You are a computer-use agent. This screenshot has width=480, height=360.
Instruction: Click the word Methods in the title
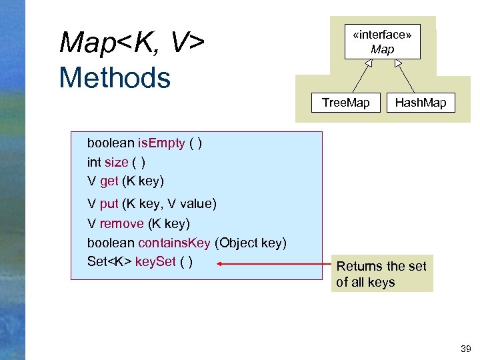[x=115, y=77]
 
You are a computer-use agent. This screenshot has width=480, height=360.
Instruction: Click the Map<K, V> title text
[x=131, y=43]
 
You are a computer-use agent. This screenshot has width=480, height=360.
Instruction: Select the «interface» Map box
[x=382, y=42]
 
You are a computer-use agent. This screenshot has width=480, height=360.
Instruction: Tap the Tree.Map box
[x=345, y=103]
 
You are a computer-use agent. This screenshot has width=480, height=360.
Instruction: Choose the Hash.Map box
[x=421, y=103]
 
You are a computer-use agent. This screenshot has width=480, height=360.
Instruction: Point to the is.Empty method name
[x=161, y=143]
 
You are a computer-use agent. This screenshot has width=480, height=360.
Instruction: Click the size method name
[x=116, y=162]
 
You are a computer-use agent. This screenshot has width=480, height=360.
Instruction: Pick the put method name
[x=109, y=203]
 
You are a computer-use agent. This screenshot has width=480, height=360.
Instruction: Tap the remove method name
[x=121, y=223]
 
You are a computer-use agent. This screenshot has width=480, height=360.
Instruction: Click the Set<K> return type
[x=109, y=261]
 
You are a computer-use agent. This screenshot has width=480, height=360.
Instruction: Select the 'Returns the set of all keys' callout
[x=381, y=273]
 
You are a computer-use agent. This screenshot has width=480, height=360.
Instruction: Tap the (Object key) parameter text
[x=251, y=243]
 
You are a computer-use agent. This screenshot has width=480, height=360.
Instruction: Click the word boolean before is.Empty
[x=111, y=143]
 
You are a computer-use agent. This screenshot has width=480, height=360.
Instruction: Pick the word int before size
[x=93, y=162]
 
